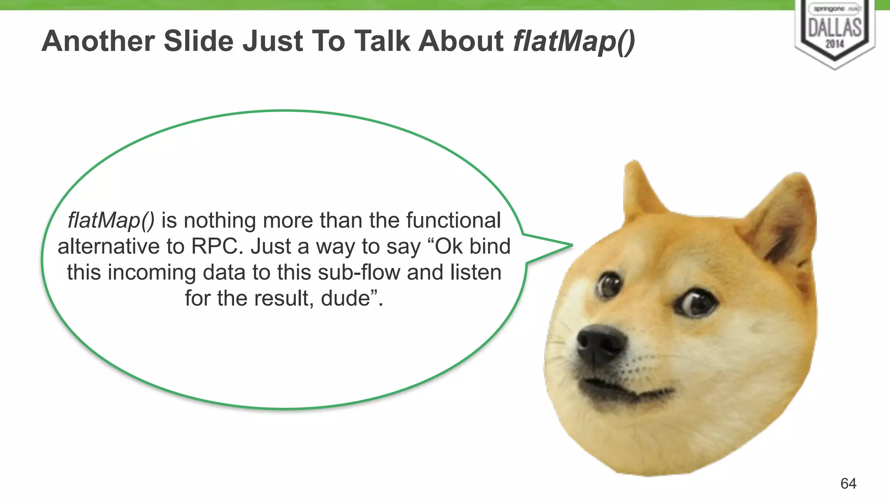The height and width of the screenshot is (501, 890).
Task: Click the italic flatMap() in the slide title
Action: [574, 42]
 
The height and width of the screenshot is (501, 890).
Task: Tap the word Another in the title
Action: [98, 42]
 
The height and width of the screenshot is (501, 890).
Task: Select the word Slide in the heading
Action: [199, 42]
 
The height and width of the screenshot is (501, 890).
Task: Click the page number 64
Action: [848, 483]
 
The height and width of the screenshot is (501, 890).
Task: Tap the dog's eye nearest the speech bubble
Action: [609, 285]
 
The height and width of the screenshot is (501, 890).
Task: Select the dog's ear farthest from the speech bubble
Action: [787, 217]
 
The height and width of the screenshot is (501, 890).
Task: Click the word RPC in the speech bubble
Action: [215, 247]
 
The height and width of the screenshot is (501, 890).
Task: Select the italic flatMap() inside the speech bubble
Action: [111, 220]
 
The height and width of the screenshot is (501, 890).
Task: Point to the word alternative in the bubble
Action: [109, 247]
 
